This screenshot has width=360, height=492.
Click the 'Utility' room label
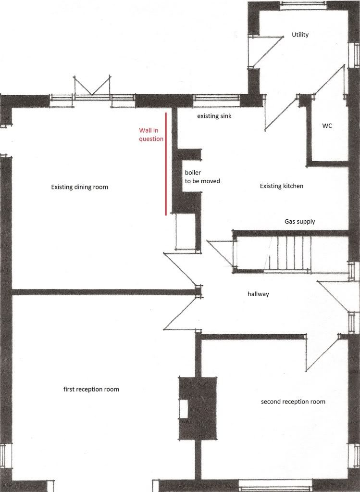(300, 35)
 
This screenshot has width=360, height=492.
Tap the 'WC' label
(327, 126)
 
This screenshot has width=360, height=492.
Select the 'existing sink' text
(214, 116)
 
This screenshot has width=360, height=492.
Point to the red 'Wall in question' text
(151, 135)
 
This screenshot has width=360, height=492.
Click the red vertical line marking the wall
(166, 164)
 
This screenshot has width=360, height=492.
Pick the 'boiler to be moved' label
(202, 177)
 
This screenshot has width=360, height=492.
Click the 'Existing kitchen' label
(282, 186)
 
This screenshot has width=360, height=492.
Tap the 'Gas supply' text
(300, 222)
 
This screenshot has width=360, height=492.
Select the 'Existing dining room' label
(80, 187)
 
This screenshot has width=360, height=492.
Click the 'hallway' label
(259, 294)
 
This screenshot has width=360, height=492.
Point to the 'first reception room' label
(91, 390)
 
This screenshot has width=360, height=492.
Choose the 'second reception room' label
(293, 402)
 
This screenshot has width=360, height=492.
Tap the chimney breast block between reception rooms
(198, 407)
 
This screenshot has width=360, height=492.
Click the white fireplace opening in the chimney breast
(183, 409)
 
